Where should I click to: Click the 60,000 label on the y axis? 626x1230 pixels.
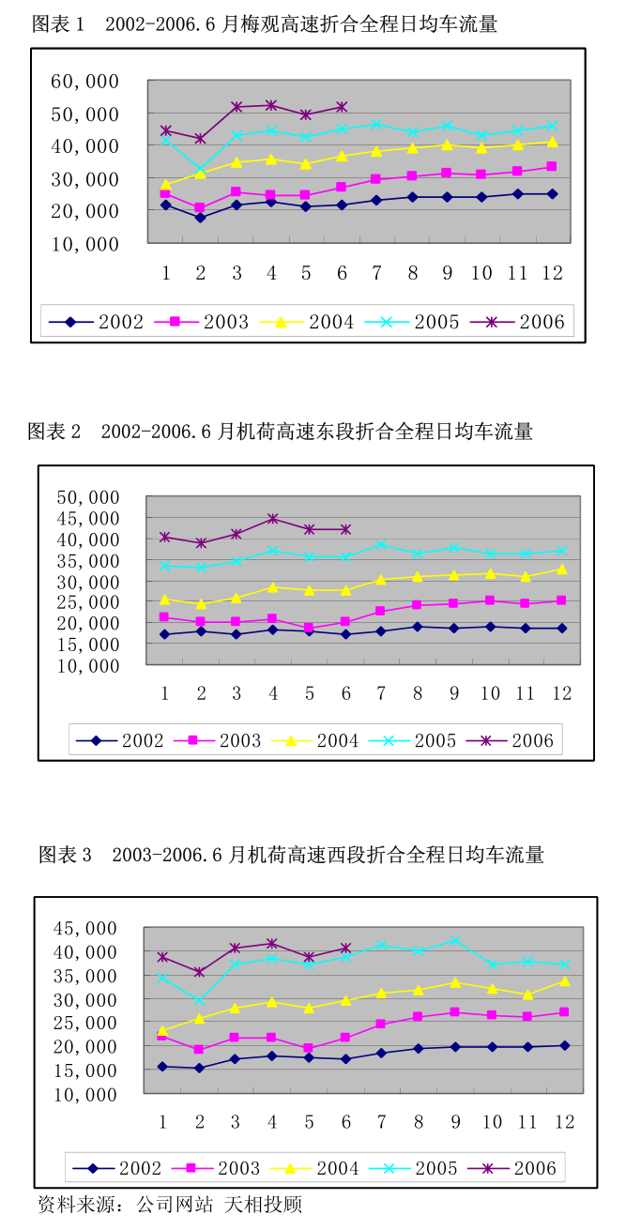click(84, 82)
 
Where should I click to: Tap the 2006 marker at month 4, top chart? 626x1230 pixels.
click(271, 105)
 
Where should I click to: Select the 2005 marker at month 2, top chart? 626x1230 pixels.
click(200, 170)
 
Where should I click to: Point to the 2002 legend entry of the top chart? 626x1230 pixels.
click(97, 323)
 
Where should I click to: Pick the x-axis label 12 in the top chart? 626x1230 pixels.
click(552, 273)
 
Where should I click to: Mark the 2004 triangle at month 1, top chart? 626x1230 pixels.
click(165, 185)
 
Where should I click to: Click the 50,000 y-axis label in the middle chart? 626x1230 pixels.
click(89, 496)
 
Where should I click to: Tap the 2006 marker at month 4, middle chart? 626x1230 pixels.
click(272, 519)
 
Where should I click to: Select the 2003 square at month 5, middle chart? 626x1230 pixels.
click(309, 628)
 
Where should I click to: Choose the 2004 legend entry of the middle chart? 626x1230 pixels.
click(313, 740)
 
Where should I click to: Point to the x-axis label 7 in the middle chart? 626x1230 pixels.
click(381, 693)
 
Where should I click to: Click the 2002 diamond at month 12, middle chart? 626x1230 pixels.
click(561, 629)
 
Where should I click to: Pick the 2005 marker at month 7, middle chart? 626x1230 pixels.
click(381, 545)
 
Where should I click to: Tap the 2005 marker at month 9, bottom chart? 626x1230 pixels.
click(454, 940)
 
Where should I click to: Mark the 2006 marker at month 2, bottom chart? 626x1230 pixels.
click(198, 972)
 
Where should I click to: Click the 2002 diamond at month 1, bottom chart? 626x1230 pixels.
click(162, 1067)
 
